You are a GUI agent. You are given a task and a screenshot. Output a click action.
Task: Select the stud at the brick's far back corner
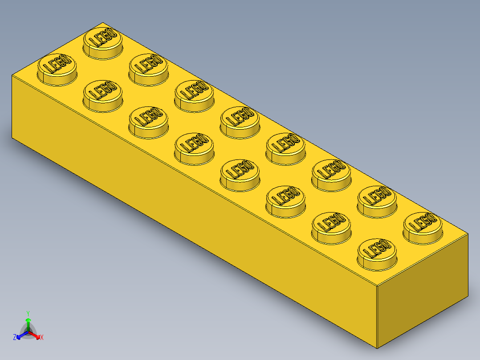pos(103,41)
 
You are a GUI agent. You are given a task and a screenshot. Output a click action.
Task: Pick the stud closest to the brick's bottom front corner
pos(377,252)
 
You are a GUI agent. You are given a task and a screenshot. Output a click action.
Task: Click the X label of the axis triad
pos(42,338)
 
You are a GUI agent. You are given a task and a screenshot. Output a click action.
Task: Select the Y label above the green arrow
pos(28,313)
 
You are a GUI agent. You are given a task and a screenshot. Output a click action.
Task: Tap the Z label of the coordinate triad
pos(15,337)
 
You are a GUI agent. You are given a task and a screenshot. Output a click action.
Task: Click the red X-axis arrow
pos(36,335)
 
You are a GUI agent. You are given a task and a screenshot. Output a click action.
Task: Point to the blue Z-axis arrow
pos(20,335)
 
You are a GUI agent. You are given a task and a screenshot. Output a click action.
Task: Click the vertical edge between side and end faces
pos(377,316)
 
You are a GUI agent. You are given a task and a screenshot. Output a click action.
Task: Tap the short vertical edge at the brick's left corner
pos(12,107)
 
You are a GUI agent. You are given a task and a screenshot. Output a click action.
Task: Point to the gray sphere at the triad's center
pos(28,333)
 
